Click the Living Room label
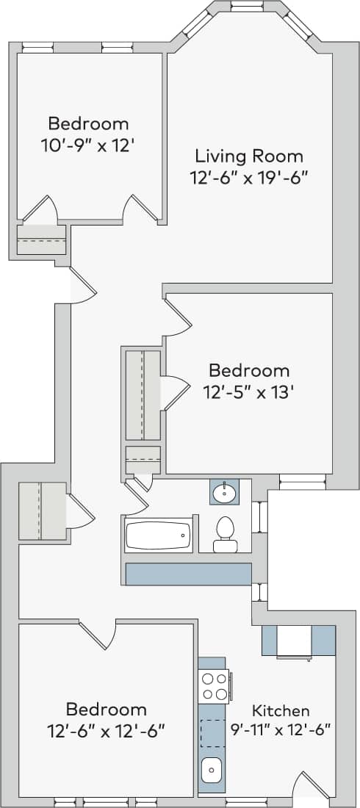[248, 156]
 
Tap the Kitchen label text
[281, 710]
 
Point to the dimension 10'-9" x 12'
[88, 145]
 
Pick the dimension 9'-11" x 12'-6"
[281, 729]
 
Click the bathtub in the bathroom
[157, 535]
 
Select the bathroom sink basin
[223, 492]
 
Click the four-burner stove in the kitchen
[215, 686]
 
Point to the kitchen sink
[212, 770]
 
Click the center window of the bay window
[247, 6]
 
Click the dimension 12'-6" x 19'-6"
[248, 177]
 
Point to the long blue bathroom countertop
[188, 574]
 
